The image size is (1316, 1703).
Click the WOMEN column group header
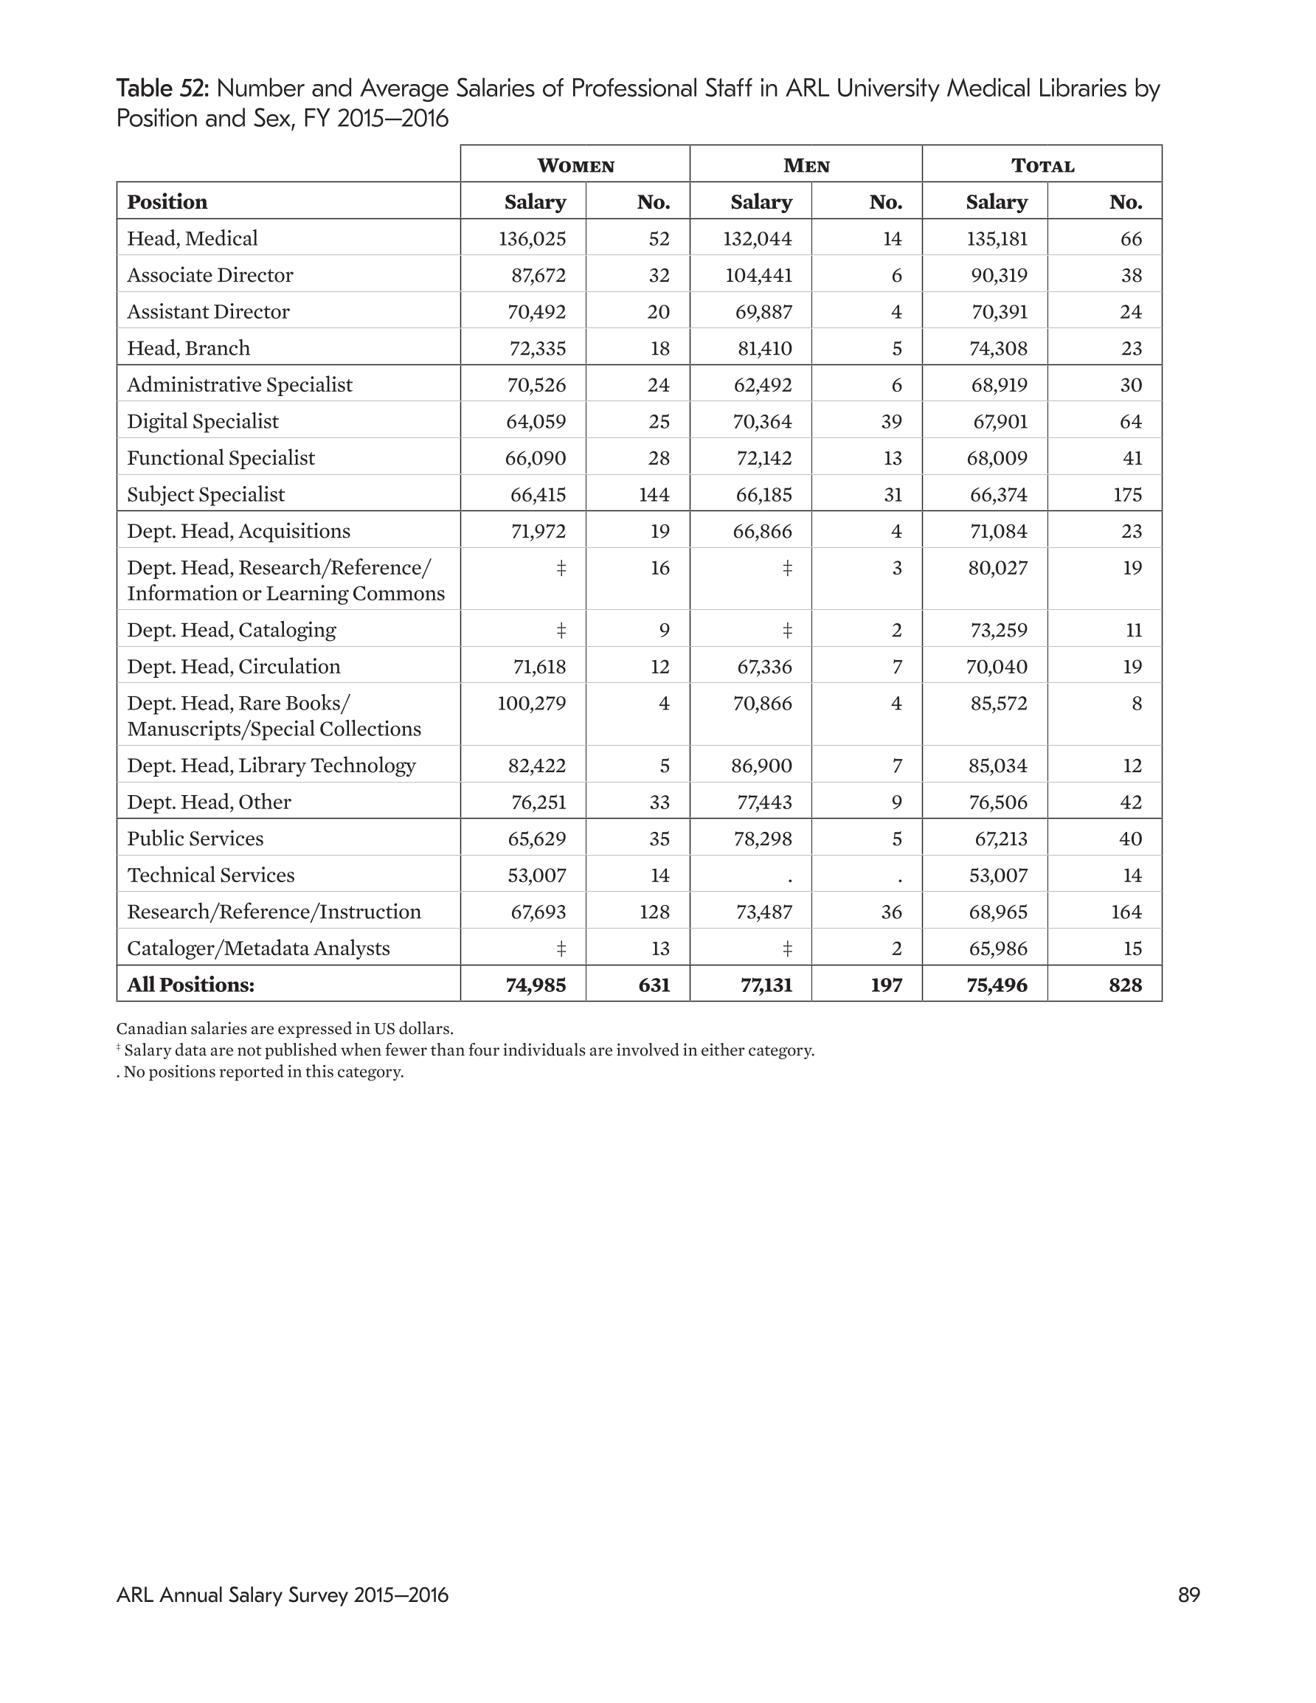[x=575, y=165]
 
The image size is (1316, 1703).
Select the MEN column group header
[x=806, y=165]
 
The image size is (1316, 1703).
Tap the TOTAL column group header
[x=1042, y=165]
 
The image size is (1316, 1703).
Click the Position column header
[x=167, y=202]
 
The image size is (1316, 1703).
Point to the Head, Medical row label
[x=192, y=239]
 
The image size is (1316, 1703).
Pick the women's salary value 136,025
[x=532, y=239]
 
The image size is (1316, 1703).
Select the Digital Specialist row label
[x=203, y=422]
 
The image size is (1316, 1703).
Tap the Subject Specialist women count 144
[x=654, y=494]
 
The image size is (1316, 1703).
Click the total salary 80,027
[x=999, y=568]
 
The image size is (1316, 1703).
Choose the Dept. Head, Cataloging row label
[x=231, y=630]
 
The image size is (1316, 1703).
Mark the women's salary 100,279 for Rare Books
[x=531, y=704]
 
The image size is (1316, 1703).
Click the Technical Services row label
[x=211, y=875]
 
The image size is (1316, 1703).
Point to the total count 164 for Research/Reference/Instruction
[x=1126, y=912]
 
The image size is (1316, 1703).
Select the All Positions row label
[x=190, y=985]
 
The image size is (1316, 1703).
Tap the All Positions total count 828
[x=1125, y=985]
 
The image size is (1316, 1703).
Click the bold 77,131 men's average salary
[x=766, y=985]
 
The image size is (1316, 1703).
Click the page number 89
[x=1188, y=1595]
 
